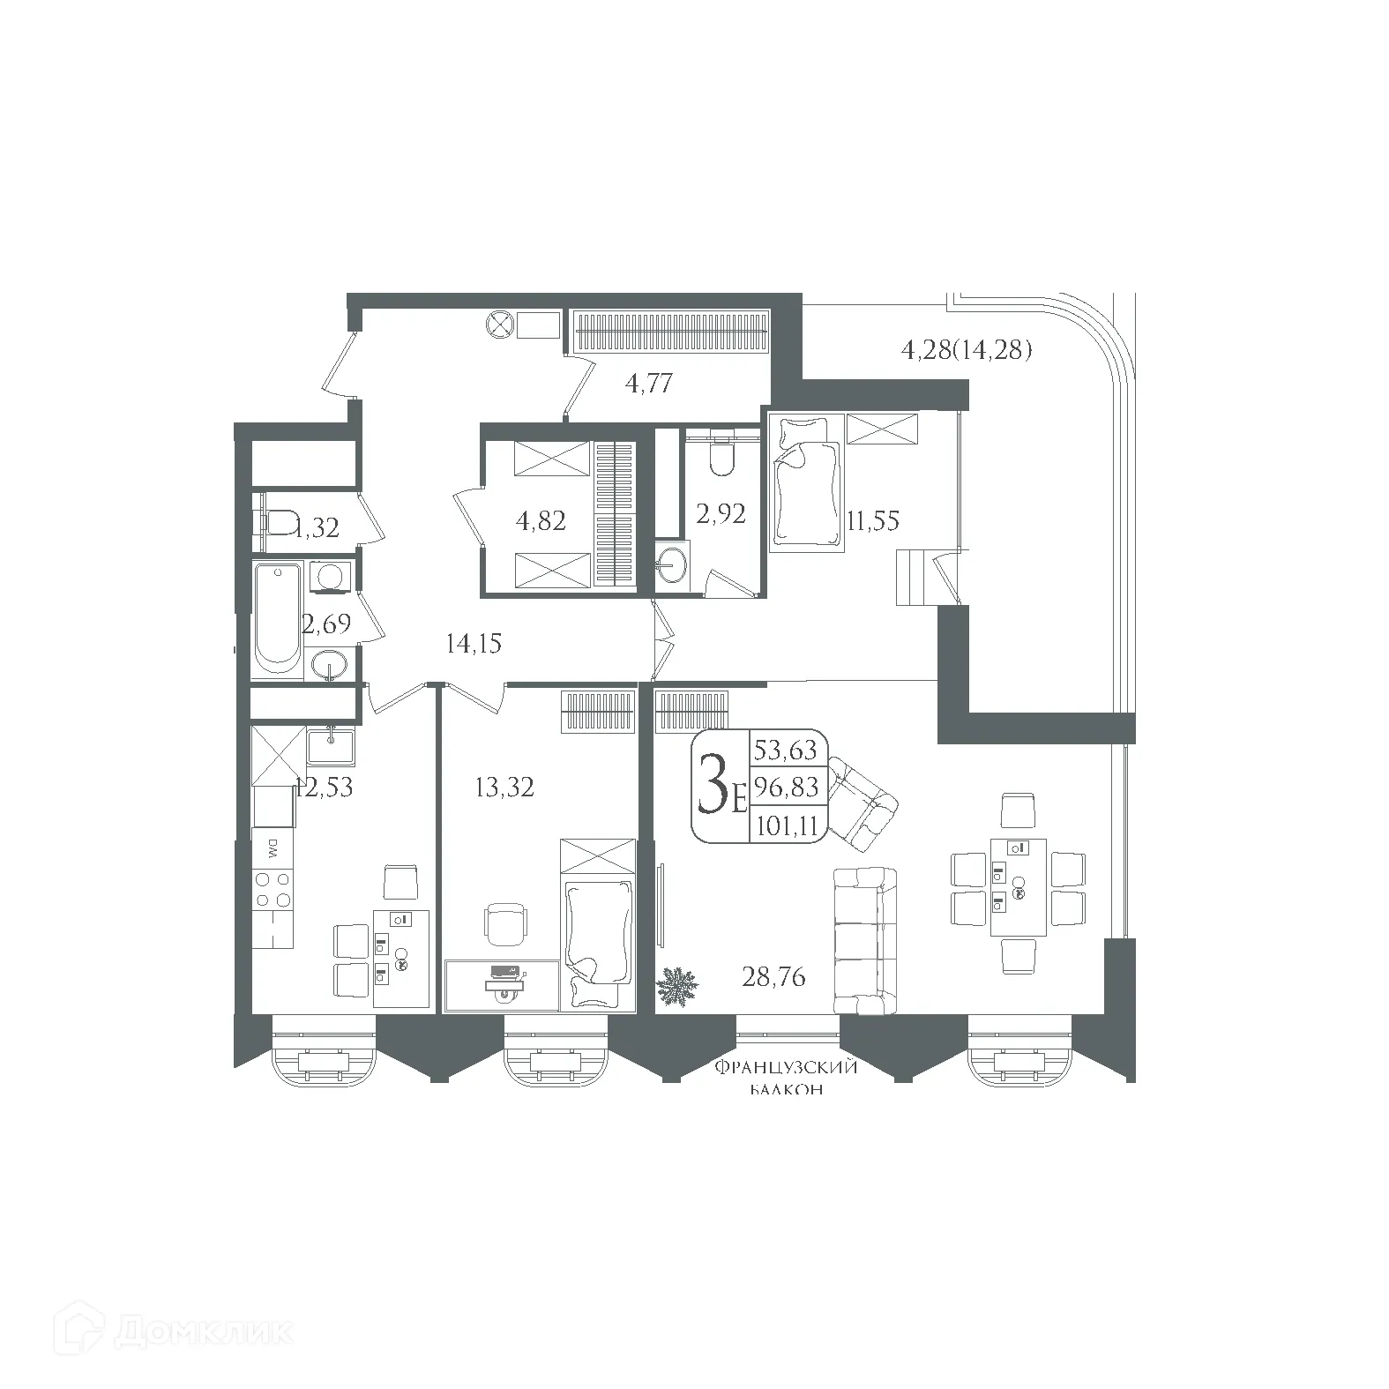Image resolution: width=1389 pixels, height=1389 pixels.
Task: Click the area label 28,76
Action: point(774,976)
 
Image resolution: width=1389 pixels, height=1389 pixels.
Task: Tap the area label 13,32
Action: point(504,786)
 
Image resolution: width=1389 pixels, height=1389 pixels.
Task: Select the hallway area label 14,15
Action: point(474,644)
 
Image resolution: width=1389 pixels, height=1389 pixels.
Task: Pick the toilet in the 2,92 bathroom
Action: point(721,455)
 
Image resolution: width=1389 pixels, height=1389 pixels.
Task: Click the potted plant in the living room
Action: point(678,984)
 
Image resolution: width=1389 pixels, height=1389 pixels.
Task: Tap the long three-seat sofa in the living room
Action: point(865,940)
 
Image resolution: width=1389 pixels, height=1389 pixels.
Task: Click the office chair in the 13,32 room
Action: point(507,923)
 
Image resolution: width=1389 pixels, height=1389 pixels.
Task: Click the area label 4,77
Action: point(649,383)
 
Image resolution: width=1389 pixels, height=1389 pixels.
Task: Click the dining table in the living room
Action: point(1018,886)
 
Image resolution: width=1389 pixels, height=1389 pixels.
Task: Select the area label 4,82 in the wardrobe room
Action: point(540,520)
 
